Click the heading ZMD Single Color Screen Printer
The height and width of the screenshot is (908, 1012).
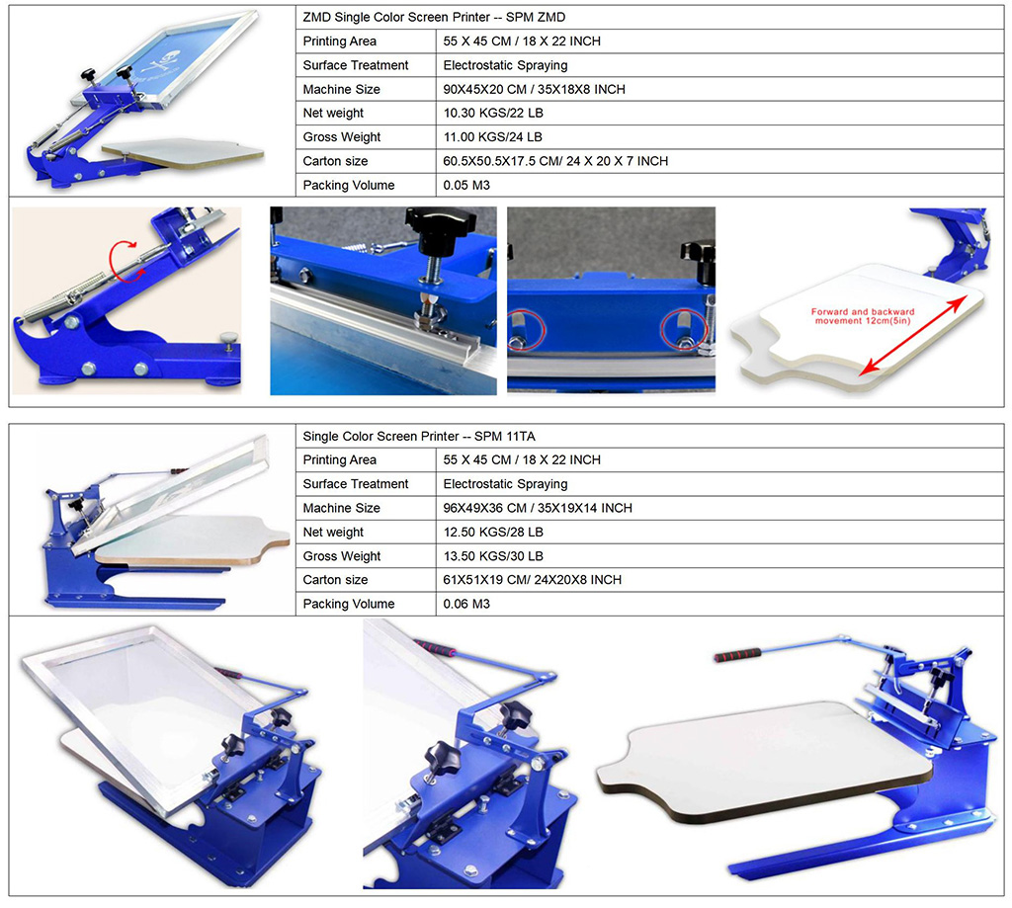click(x=434, y=18)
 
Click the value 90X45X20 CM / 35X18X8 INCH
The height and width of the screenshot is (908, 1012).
click(x=534, y=89)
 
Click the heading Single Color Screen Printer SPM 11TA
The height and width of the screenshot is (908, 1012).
click(x=419, y=436)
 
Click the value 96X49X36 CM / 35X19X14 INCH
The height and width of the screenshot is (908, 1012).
click(x=538, y=508)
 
